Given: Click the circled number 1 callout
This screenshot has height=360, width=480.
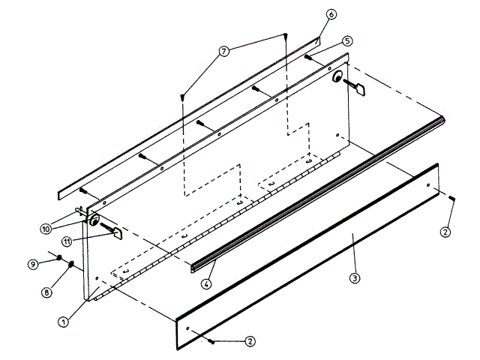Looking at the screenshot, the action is click(64, 321).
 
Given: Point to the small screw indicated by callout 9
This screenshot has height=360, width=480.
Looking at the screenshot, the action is click(59, 257).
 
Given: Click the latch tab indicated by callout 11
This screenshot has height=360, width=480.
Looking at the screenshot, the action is click(118, 233).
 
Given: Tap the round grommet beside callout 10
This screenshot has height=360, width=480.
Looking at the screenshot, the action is click(94, 221).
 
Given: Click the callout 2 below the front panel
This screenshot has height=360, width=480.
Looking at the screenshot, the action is click(250, 341).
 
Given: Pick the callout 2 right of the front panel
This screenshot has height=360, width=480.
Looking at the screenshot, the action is click(445, 231).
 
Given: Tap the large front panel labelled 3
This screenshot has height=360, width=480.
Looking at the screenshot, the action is click(307, 255).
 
